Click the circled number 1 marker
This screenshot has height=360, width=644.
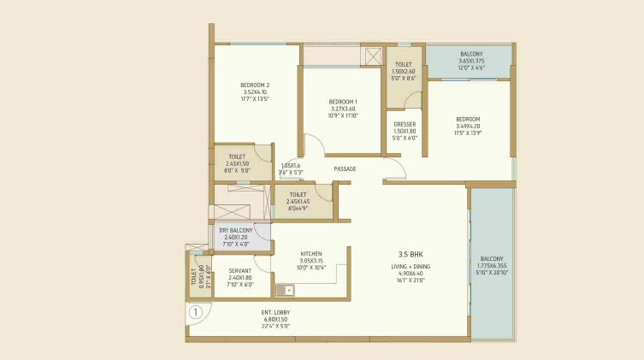(x=196, y=312)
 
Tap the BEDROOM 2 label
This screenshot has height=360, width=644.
(x=255, y=85)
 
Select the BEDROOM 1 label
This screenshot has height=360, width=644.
(x=343, y=102)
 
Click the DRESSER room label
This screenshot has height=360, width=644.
(x=405, y=124)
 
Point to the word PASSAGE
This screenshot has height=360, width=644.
(x=345, y=168)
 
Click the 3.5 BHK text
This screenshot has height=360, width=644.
(x=411, y=254)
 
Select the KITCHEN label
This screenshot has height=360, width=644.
(x=310, y=254)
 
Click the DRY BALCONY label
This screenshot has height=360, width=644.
(x=234, y=230)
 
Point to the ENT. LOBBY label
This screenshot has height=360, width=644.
(x=275, y=312)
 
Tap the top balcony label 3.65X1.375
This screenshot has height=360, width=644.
(x=471, y=61)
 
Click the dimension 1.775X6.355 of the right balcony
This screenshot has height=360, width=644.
(x=492, y=265)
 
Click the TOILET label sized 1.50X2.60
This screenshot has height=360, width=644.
(x=404, y=64)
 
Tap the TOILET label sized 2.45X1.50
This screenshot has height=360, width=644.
(x=237, y=156)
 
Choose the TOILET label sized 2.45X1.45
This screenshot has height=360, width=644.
(x=298, y=194)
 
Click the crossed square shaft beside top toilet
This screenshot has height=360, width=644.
(x=373, y=56)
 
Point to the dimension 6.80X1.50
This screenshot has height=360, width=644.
(x=275, y=319)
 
